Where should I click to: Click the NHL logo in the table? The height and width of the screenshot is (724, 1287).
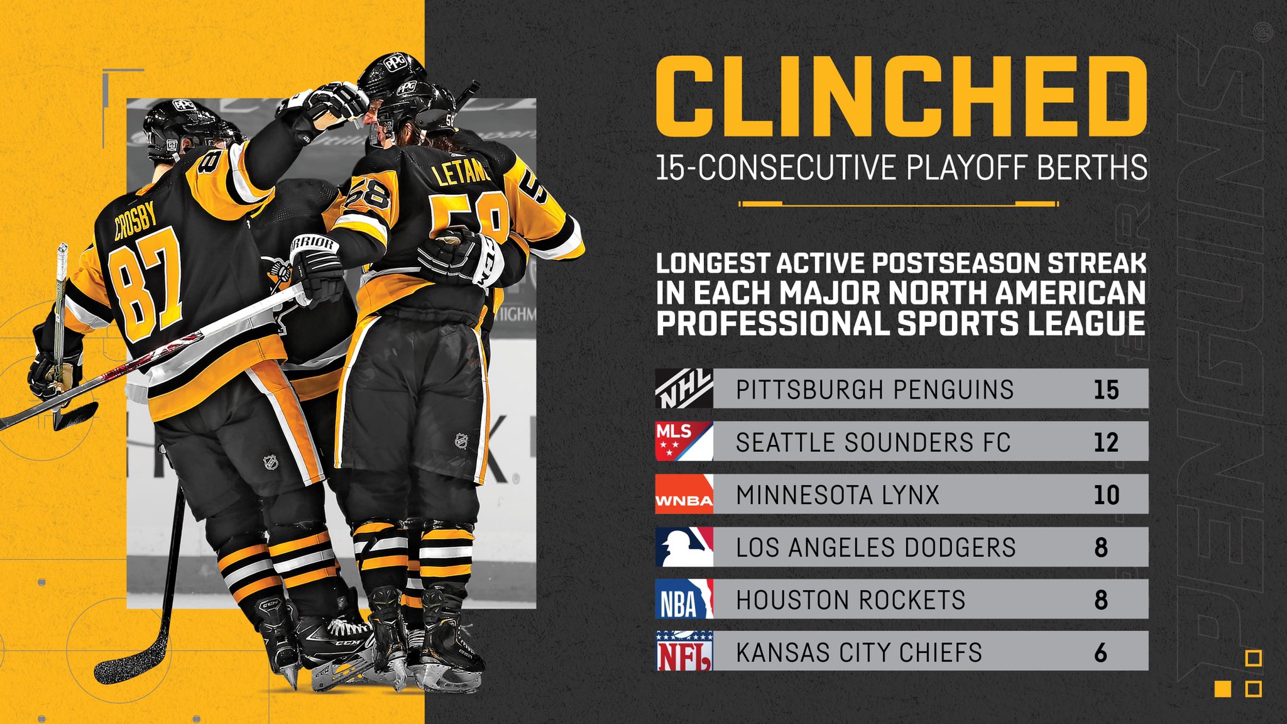tap(684, 389)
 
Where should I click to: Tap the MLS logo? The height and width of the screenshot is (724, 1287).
tap(684, 441)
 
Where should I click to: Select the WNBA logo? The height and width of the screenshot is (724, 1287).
tap(684, 494)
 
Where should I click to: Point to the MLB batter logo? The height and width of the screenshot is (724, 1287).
tap(684, 547)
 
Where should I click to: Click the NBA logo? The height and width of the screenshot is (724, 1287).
tap(684, 600)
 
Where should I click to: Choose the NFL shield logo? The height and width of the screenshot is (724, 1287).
tap(684, 652)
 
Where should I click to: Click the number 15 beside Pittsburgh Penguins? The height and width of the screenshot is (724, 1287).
tap(1106, 390)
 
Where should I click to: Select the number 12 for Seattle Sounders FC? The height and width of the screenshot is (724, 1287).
tap(1106, 442)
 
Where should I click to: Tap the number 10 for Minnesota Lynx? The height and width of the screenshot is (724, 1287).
tap(1106, 495)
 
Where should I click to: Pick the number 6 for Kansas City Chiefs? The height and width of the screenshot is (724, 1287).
tap(1100, 653)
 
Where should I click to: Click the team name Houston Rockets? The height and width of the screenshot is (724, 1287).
tap(850, 600)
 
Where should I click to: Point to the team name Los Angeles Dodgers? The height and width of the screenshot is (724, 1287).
tap(876, 547)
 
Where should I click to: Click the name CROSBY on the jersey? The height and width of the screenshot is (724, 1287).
tap(136, 221)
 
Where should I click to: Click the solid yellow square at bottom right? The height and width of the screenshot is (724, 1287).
tap(1223, 689)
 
